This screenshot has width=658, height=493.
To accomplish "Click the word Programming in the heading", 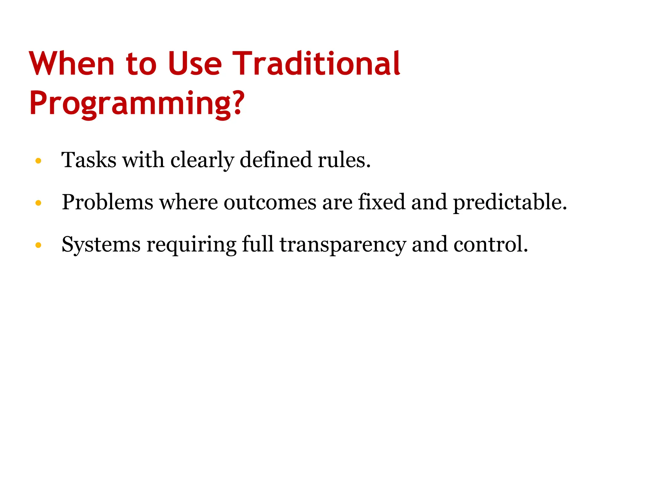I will coord(130,103).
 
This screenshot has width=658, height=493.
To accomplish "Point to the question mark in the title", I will coord(238,102).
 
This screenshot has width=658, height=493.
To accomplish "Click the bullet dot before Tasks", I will coord(38,161).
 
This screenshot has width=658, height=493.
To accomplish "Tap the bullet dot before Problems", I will coord(38,203).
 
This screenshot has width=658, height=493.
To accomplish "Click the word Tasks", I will coord(89,160).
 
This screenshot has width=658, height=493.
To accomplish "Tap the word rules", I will coord(344,160).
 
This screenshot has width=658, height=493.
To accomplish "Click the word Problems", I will coord(107,202).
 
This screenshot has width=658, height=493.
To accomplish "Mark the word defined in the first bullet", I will coord(276,160).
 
